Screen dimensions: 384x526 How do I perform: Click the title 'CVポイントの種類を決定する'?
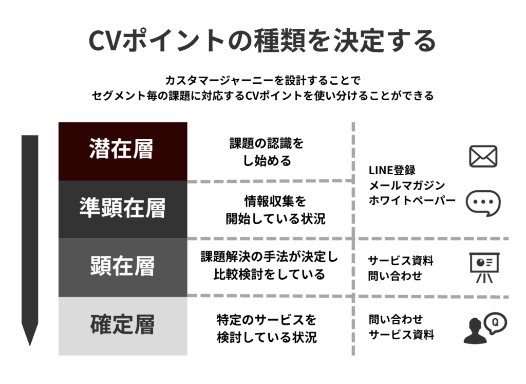pyautogui.click(x=262, y=41)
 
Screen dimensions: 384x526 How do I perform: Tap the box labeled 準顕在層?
pyautogui.click(x=122, y=209)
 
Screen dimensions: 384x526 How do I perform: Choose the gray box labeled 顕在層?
pyautogui.click(x=122, y=267)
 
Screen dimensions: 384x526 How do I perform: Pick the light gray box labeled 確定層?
pyautogui.click(x=122, y=325)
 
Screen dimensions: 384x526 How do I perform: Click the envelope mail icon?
pyautogui.click(x=483, y=156)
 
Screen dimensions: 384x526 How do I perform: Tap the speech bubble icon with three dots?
pyautogui.click(x=482, y=203)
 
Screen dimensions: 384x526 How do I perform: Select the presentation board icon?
pyautogui.click(x=483, y=267)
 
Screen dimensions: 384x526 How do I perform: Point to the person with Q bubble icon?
pyautogui.click(x=484, y=328)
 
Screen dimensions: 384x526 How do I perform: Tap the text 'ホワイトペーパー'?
pyautogui.click(x=412, y=200)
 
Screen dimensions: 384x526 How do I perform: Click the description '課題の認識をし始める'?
pyautogui.click(x=266, y=152)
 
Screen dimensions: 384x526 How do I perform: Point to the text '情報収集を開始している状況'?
pyautogui.click(x=275, y=210)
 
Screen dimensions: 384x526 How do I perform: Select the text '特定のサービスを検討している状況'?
pyautogui.click(x=266, y=328)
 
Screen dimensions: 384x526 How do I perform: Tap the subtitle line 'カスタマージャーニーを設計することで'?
pyautogui.click(x=262, y=81)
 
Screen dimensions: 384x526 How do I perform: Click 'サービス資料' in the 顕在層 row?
pyautogui.click(x=401, y=261)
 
